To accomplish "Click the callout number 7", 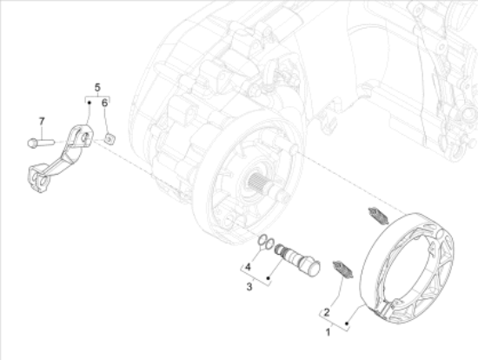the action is (x=42, y=122).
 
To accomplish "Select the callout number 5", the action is (x=97, y=88).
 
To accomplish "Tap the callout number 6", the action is (x=104, y=103).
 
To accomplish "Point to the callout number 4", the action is (x=248, y=267).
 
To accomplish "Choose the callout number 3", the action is (x=249, y=287).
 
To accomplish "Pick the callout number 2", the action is (x=327, y=312).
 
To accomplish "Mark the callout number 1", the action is (x=328, y=332).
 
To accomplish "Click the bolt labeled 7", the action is (x=41, y=143).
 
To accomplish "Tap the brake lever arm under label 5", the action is (x=61, y=158).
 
